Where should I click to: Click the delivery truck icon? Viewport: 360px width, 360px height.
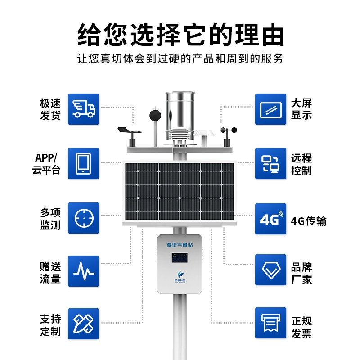coord(83,109)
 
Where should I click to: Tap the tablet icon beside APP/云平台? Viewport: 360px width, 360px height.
coord(83,163)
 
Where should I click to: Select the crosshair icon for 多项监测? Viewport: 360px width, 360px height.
coord(83,218)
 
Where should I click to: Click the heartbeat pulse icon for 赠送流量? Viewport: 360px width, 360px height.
coord(83,271)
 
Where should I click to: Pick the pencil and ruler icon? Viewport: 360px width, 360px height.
coord(83,323)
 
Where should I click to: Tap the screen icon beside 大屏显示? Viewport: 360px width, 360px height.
coord(270,109)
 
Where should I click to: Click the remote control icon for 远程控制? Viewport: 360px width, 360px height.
coord(270,163)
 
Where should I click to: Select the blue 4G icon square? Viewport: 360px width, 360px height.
coord(270,218)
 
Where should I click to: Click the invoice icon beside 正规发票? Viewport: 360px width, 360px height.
coord(270,323)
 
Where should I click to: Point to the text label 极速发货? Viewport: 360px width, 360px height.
coord(50,109)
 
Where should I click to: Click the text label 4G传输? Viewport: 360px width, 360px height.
coord(309,221)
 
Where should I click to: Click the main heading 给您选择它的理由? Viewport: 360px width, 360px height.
coord(180,34)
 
